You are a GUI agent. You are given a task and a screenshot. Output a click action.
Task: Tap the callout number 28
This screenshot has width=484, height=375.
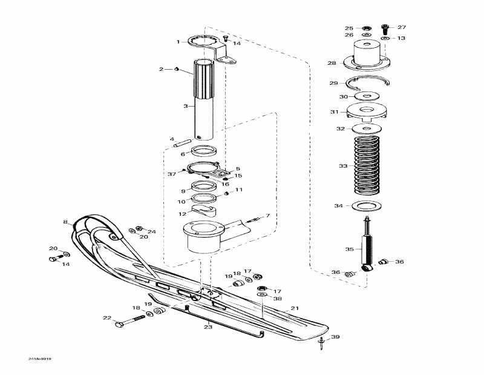click(332, 63)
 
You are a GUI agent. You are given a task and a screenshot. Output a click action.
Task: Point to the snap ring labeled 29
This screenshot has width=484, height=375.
click(369, 83)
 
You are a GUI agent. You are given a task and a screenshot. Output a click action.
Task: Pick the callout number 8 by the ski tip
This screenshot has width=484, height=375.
click(65, 222)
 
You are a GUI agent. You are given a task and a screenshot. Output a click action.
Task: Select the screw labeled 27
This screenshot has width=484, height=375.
click(384, 27)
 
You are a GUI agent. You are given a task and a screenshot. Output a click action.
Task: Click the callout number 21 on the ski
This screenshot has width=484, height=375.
click(295, 308)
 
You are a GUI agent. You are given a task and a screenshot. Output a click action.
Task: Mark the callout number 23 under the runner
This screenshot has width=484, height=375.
click(208, 327)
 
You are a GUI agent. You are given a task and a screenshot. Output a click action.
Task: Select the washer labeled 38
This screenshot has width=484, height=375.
click(261, 294)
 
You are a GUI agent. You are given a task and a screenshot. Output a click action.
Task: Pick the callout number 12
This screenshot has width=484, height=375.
click(181, 213)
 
